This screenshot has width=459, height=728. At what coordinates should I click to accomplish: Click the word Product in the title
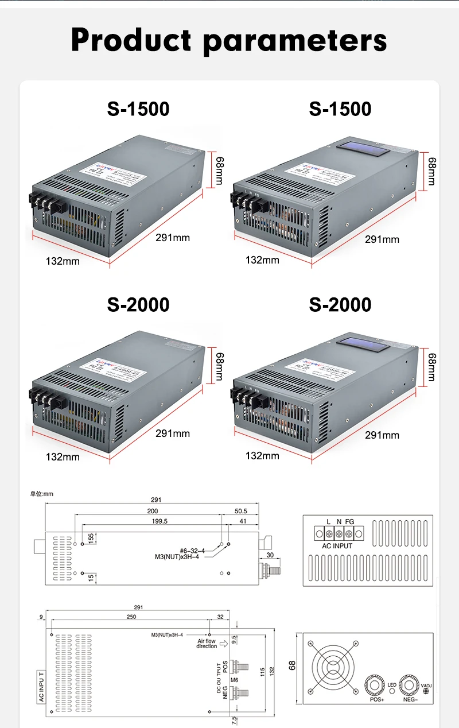[x=131, y=40]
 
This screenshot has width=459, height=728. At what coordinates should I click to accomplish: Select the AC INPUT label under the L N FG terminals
[x=337, y=546]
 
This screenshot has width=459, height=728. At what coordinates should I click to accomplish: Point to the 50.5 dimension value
[x=241, y=510]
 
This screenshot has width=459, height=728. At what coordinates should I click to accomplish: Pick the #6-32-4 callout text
[x=192, y=550]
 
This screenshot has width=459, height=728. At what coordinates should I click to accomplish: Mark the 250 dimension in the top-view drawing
[x=131, y=617]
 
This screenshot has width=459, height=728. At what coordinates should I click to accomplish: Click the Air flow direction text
[x=207, y=644]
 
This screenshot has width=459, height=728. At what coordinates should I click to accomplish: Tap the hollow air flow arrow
[x=224, y=644]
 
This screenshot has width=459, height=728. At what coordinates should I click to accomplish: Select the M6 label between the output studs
[x=234, y=680]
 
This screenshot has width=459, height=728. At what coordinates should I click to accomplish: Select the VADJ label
[x=427, y=686]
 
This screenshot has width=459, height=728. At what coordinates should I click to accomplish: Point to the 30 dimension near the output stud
[x=270, y=554]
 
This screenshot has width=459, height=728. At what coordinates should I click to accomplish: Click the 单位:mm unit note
[x=41, y=494]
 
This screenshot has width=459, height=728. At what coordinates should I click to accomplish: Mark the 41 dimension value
[x=242, y=521]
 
